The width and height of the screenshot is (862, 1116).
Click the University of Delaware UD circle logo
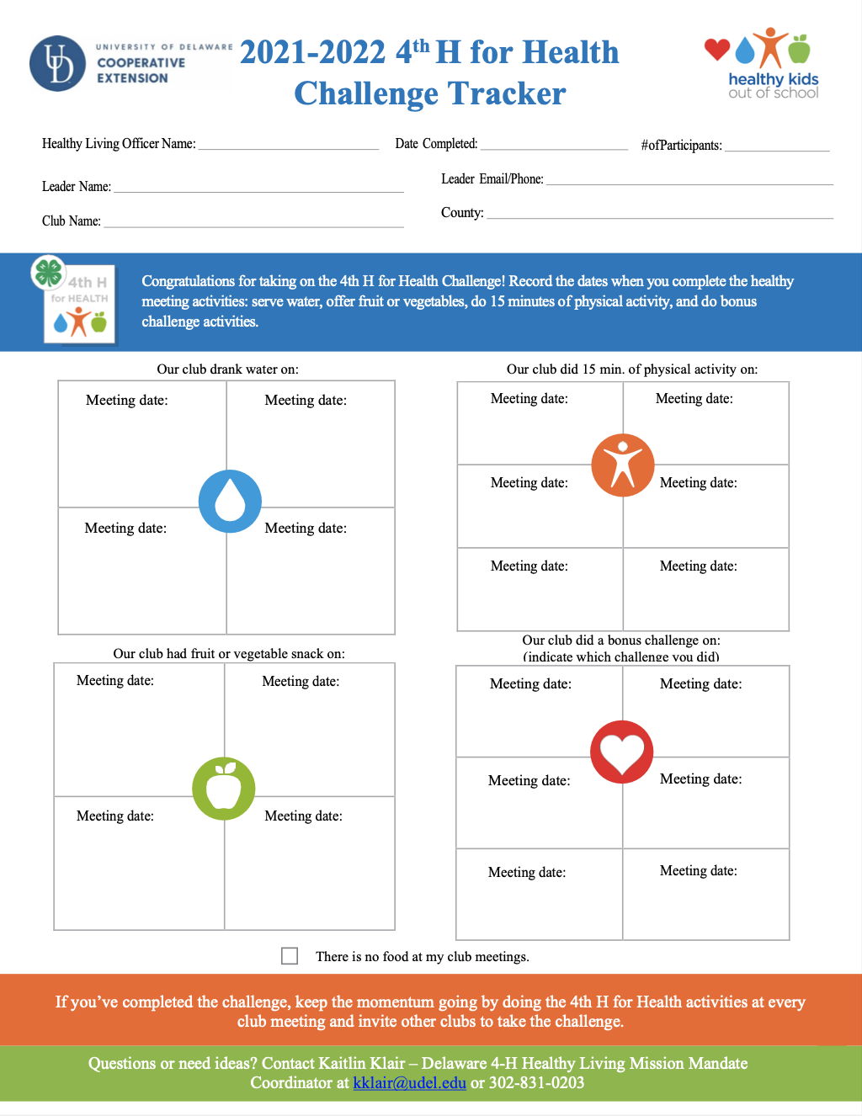click(57, 63)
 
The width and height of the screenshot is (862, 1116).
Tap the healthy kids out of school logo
click(763, 65)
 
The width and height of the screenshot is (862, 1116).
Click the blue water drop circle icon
click(230, 502)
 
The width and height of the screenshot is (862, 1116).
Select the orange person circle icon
click(623, 465)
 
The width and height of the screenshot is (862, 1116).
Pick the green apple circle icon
click(224, 789)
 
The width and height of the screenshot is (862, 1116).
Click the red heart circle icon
click(622, 752)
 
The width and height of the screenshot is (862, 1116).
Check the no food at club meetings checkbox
click(290, 955)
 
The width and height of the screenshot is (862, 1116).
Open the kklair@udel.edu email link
click(409, 1083)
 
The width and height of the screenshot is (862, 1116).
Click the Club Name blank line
click(253, 224)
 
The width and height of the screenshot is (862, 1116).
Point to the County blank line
click(660, 215)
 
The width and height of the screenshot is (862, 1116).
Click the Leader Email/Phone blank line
click(689, 182)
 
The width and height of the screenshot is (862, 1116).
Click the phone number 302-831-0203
click(536, 1083)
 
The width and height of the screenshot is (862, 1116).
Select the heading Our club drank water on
click(227, 369)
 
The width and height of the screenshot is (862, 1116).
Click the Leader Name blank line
click(258, 189)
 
